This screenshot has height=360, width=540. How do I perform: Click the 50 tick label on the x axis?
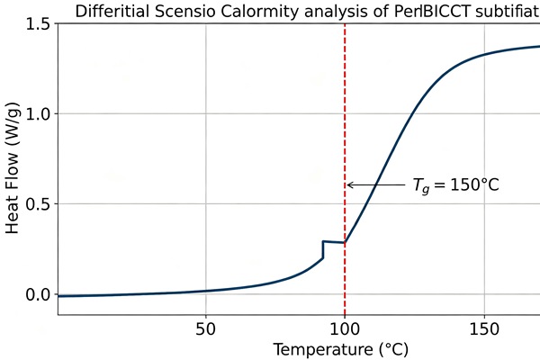point(206,329)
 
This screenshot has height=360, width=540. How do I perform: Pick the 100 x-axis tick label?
point(345,329)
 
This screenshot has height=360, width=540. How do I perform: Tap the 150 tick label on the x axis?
point(484,329)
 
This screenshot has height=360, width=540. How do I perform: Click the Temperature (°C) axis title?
point(340,350)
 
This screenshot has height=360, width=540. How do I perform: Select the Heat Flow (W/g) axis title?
point(13,168)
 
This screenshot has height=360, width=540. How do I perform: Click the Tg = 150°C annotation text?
point(455,185)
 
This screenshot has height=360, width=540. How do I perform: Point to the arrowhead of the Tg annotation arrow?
point(348,185)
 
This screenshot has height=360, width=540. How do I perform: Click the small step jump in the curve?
point(323,249)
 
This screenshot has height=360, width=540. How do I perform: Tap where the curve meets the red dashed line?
point(345,243)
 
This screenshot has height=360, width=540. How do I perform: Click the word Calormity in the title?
point(260,12)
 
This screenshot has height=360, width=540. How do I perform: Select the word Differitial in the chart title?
point(112,12)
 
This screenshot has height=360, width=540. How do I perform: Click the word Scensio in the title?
point(185,12)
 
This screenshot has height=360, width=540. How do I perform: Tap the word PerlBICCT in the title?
point(432,12)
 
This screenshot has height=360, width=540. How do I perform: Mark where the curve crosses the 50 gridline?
point(206,291)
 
